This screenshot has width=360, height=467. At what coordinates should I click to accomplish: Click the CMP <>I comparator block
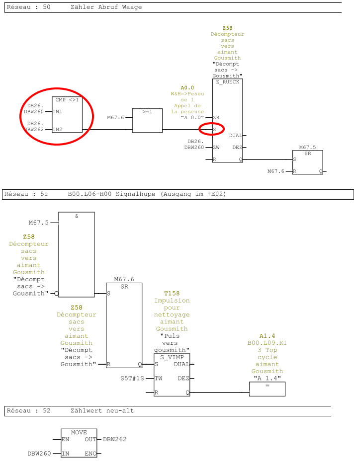[x=67, y=115]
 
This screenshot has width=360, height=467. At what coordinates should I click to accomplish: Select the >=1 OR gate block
[x=147, y=120]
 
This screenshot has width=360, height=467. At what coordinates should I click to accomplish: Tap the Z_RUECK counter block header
[x=227, y=82]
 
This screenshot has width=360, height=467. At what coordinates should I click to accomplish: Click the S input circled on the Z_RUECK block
[x=214, y=130]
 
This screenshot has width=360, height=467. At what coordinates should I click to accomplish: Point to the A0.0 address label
[x=187, y=87]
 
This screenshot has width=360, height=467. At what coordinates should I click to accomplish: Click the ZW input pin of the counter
[x=216, y=148]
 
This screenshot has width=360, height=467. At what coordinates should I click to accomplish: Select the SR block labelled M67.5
[x=307, y=162]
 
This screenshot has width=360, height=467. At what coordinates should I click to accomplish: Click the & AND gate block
[x=76, y=254]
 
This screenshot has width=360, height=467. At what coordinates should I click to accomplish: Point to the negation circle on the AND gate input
[x=56, y=294]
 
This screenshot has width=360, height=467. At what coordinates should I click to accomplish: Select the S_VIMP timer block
[x=172, y=375]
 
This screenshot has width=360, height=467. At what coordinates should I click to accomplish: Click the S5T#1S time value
[x=132, y=378]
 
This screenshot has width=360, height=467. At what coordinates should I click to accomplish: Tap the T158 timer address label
[x=172, y=294]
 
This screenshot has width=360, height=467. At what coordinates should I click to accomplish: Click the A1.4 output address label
[x=267, y=336]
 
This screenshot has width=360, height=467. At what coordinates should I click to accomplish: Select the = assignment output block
[x=267, y=389]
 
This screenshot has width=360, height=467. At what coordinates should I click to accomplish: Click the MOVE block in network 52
[x=79, y=442]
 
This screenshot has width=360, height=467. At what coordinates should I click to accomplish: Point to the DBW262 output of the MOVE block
[x=114, y=439]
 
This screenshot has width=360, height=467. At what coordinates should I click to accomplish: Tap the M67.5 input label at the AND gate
[x=39, y=223]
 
